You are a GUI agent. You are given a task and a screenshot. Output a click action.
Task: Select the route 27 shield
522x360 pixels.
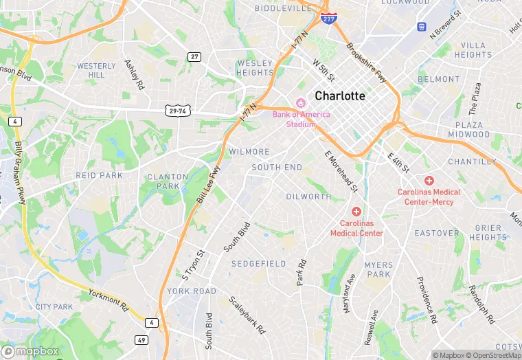pyautogui.click(x=195, y=56)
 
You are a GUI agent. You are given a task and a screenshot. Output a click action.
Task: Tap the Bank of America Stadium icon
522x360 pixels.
pyautogui.click(x=300, y=103)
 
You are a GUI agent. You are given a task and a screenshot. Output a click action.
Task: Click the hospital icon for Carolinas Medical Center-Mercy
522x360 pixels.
pyautogui.click(x=429, y=180)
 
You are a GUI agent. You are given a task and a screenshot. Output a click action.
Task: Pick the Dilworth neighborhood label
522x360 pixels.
pyautogui.click(x=308, y=196)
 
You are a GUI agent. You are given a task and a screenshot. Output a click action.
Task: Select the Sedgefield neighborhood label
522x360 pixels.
pyautogui.click(x=258, y=264)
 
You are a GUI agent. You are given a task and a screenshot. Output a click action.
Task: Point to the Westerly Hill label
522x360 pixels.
pyautogui.click(x=96, y=70)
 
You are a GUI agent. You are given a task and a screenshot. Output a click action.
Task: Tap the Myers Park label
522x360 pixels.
pyautogui.click(x=378, y=269)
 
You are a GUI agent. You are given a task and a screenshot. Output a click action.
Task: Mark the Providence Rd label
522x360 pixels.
pyautogui.click(x=426, y=300)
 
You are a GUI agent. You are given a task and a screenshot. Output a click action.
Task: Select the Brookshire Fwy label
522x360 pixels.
pyautogui.click(x=367, y=63)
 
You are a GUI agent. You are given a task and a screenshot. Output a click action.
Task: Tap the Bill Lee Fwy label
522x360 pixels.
pyautogui.click(x=207, y=184)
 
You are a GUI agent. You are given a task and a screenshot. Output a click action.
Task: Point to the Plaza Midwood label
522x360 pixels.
pyautogui.click(x=469, y=130)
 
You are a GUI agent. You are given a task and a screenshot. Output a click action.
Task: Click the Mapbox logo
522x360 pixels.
pyautogui.click(x=33, y=350)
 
